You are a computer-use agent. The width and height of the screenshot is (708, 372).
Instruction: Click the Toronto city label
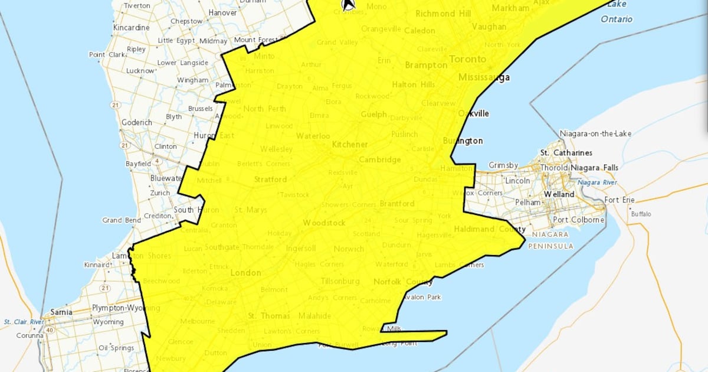point(468,59)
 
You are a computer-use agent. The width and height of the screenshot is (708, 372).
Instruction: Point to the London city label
point(245,273)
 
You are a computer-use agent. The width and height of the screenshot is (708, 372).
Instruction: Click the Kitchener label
point(350,145)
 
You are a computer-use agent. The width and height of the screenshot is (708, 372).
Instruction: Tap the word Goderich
point(136,122)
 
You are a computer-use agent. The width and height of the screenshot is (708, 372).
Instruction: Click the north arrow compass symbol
point(349,5)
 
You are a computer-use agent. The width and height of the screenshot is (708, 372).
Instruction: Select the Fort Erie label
point(620,200)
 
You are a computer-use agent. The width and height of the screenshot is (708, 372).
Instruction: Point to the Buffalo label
point(641,214)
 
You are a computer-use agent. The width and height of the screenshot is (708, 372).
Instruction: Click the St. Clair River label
point(24,322)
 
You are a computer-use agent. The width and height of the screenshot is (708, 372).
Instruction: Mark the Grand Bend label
point(121,220)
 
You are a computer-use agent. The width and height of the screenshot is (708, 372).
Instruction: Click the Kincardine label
point(131,28)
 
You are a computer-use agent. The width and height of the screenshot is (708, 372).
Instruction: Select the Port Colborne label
point(578,220)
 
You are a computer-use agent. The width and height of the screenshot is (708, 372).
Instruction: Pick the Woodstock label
point(324,223)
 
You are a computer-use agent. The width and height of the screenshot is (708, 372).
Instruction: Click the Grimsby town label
point(503,165)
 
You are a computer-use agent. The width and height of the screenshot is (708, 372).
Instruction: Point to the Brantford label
point(397,204)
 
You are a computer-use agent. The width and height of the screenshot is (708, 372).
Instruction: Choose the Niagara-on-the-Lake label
point(595,133)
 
